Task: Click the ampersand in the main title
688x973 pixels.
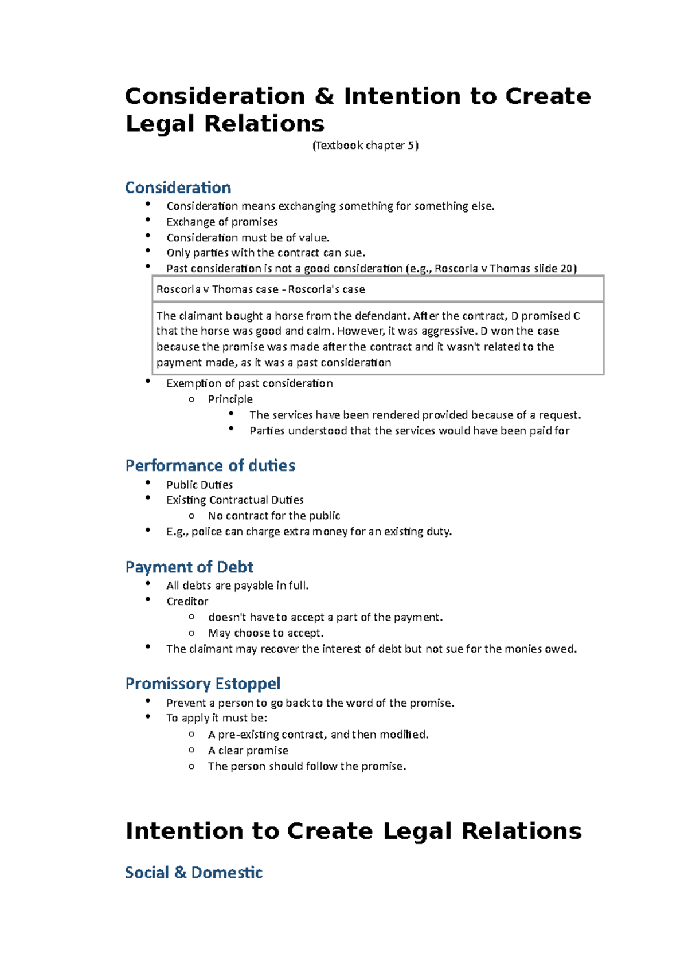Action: click(324, 96)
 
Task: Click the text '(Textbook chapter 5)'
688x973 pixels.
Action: click(365, 146)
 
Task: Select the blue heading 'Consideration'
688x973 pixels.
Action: click(178, 187)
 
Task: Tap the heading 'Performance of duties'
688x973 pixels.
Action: click(210, 465)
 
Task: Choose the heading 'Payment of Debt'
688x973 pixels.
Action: click(189, 567)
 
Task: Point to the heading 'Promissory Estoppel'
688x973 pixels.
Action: click(203, 684)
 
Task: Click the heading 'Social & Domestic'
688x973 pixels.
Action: click(194, 872)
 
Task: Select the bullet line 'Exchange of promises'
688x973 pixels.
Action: click(222, 222)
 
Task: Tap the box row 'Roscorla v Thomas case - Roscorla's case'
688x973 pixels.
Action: click(261, 289)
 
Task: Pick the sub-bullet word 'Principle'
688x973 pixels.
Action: click(230, 399)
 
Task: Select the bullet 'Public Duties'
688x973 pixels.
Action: click(200, 485)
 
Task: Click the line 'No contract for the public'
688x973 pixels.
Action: click(274, 516)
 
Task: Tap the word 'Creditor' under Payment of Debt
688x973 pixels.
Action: click(187, 601)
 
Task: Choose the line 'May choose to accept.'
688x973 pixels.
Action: click(266, 633)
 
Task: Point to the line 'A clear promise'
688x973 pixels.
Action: click(248, 750)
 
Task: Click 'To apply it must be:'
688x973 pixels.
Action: click(217, 718)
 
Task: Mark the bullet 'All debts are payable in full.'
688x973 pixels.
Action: click(237, 586)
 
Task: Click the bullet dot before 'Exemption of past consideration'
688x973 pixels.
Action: click(148, 381)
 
